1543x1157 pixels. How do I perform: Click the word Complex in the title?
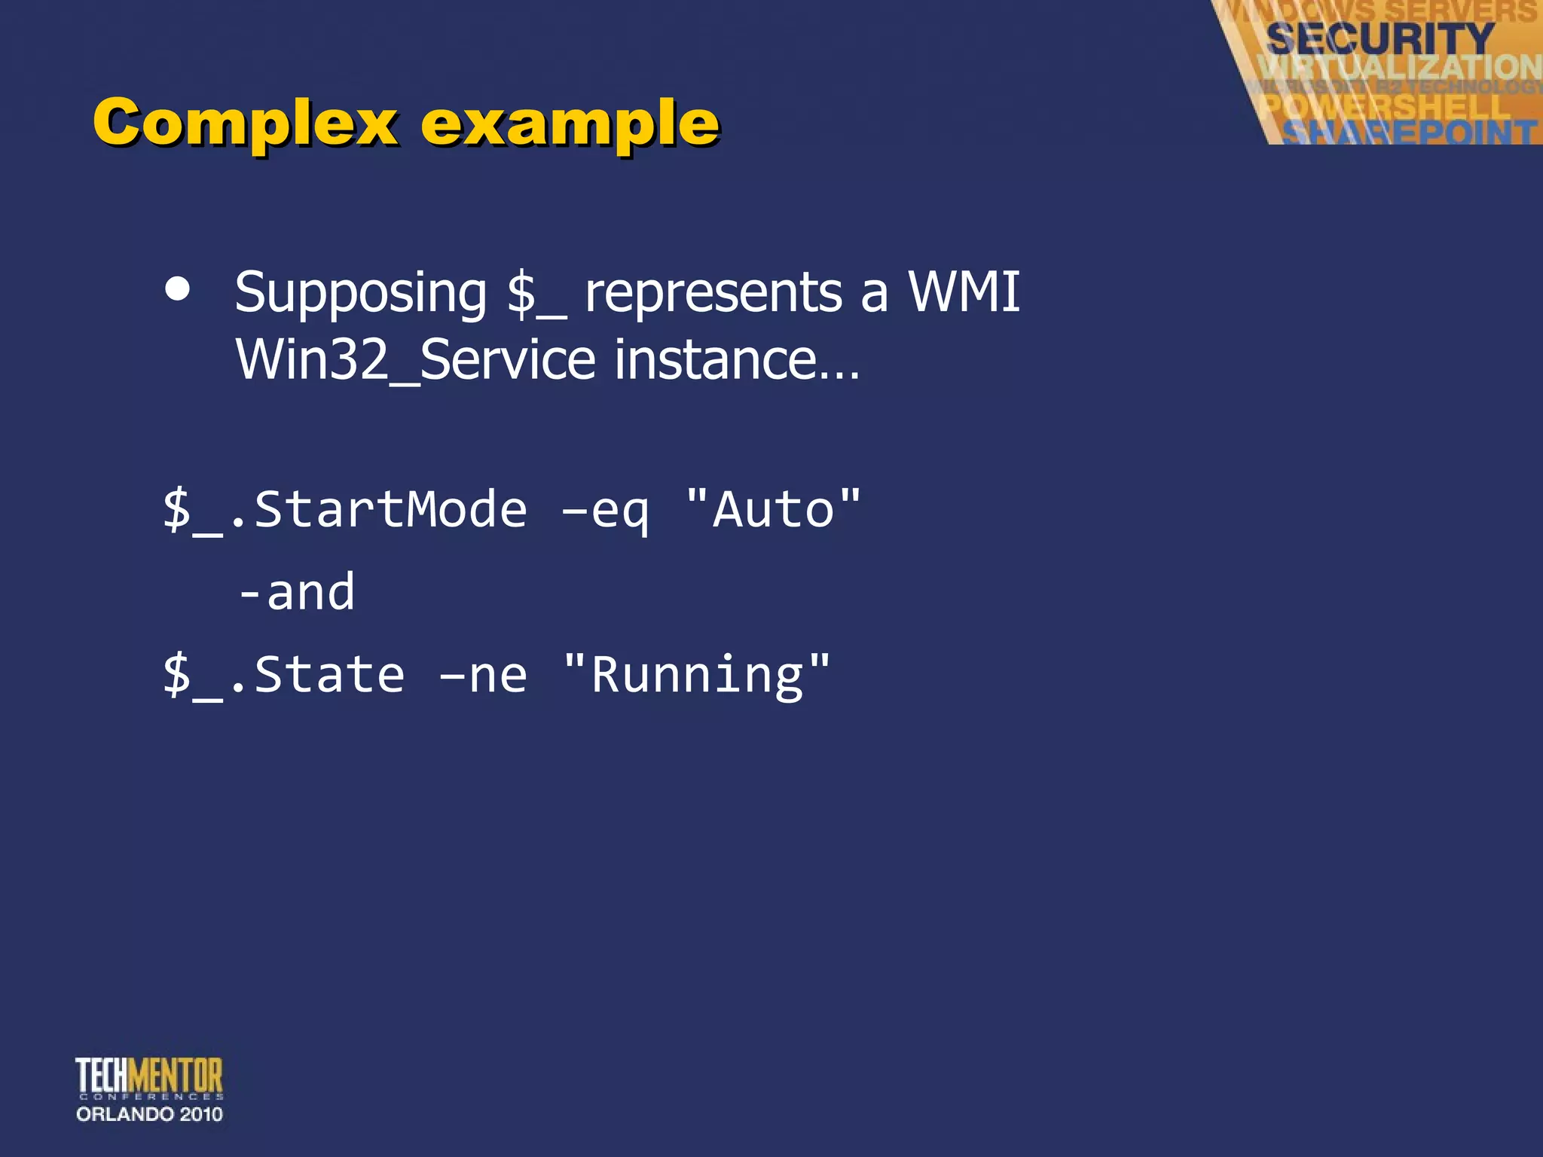(x=245, y=123)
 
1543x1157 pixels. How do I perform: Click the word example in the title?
(x=570, y=124)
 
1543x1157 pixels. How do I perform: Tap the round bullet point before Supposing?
(x=177, y=289)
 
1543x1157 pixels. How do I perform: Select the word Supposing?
(x=360, y=293)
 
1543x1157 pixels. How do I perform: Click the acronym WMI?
(x=964, y=292)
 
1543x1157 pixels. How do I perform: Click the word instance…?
(x=736, y=359)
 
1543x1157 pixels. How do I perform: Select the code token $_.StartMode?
(x=345, y=510)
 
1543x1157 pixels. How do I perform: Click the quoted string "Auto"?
(x=773, y=510)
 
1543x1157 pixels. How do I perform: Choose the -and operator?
(x=297, y=592)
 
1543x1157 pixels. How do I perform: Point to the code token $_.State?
(x=284, y=675)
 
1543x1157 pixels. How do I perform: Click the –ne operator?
(x=483, y=676)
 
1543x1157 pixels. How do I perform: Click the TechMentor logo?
(x=149, y=1077)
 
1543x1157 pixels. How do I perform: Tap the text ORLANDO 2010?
(x=149, y=1114)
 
